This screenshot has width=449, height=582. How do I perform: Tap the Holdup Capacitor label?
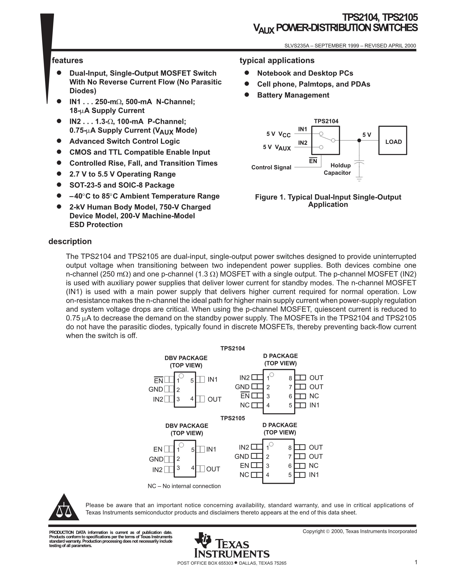337,169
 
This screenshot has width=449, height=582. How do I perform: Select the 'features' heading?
67,60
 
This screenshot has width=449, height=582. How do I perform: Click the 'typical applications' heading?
277,60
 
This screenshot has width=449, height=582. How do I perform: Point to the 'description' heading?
70,241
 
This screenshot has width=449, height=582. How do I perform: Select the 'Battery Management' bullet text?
293,95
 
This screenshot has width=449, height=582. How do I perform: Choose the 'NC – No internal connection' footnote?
184,486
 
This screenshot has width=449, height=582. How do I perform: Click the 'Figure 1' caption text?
328,201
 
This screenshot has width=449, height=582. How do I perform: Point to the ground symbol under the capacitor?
359,179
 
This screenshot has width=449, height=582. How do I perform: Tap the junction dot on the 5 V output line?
359,140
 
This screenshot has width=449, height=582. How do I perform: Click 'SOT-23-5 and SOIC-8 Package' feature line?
122,185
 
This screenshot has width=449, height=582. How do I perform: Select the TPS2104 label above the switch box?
326,121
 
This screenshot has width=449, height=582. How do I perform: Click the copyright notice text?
360,531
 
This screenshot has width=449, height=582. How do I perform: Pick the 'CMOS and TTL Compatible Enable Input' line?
140,152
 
